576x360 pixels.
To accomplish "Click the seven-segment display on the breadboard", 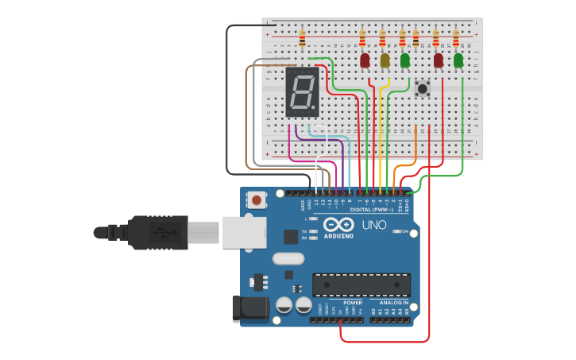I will point(302,91).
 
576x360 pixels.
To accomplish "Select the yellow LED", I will point(385,60).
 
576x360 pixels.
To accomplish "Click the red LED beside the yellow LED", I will point(365,60).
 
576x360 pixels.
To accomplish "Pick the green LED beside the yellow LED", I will point(405,60).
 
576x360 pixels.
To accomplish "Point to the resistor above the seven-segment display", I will point(302,37).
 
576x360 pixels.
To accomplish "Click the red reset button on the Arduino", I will point(257,200).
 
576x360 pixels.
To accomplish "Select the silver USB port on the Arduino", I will point(243,232).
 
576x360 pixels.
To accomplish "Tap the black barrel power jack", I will point(246,309).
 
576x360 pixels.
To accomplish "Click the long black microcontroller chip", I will point(361,285).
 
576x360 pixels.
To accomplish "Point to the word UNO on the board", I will point(374,225).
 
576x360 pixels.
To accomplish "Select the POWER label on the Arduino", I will point(352,303).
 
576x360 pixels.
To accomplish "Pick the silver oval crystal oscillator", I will point(288,258).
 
